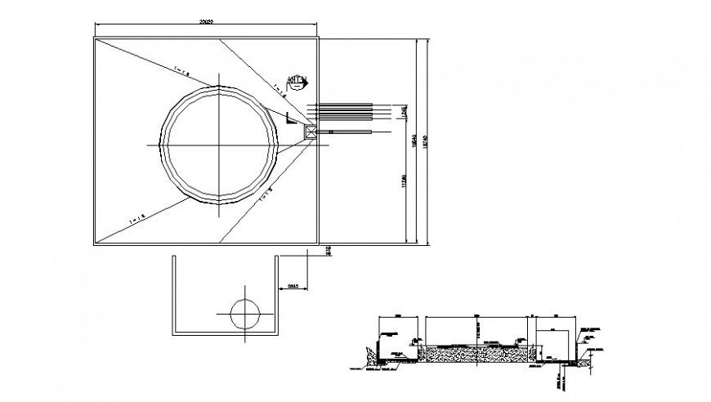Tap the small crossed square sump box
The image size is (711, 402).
click(x=311, y=131)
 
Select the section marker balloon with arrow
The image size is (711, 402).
click(x=297, y=80)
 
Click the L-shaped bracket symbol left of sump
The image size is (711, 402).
click(x=292, y=119)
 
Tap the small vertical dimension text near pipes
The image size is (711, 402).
click(x=404, y=113)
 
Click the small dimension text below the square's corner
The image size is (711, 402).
click(x=328, y=251)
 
